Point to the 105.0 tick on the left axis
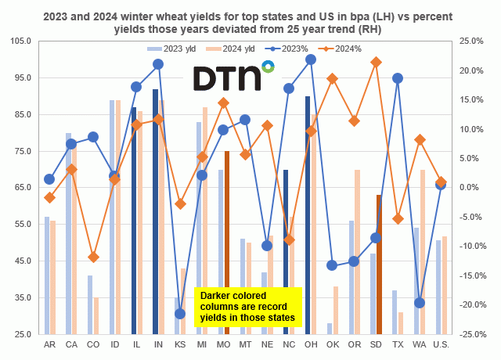pyautogui.click(x=20, y=41)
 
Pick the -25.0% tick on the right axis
pyautogui.click(x=471, y=334)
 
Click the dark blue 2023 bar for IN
pyautogui.click(x=155, y=211)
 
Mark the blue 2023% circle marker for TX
pyautogui.click(x=398, y=78)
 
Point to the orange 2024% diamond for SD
pyautogui.click(x=377, y=62)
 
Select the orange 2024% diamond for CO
pyautogui.click(x=93, y=257)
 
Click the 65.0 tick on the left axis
pyautogui.click(x=20, y=188)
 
